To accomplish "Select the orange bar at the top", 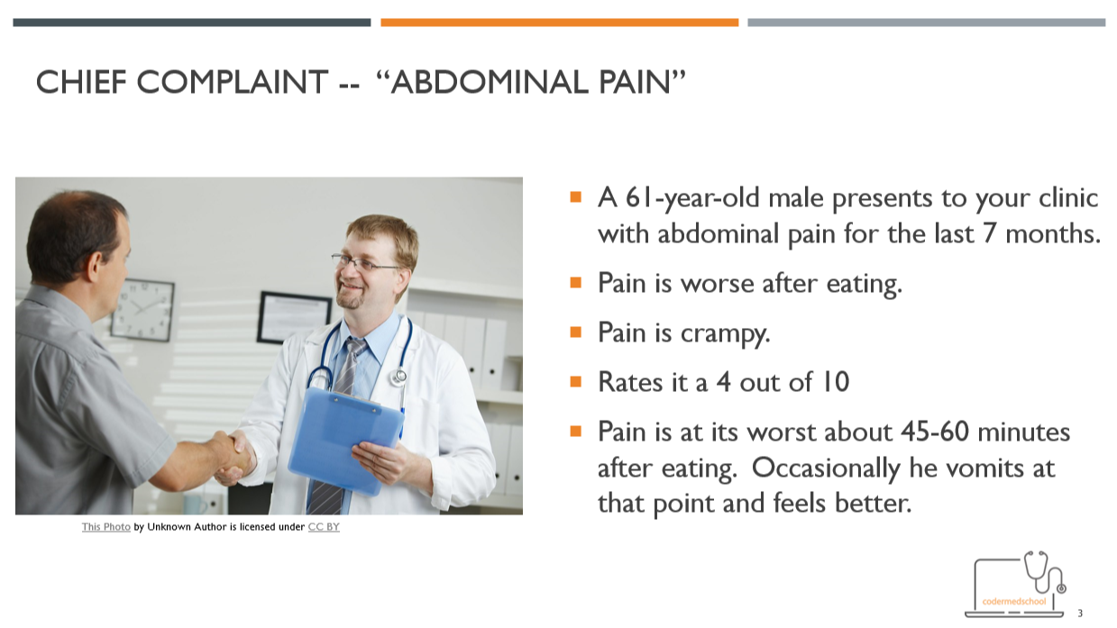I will click(559, 23).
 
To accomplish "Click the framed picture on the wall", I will click(293, 317).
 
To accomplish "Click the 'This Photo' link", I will click(106, 527).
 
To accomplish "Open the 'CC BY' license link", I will click(324, 527).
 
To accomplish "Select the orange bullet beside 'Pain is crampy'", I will click(576, 332).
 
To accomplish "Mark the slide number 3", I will click(1080, 613).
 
